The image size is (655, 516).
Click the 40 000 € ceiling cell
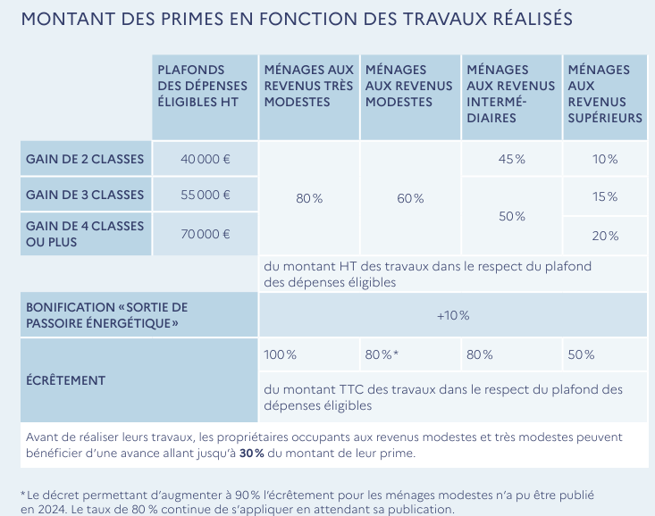pyautogui.click(x=206, y=159)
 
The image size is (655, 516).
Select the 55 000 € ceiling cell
pyautogui.click(x=206, y=195)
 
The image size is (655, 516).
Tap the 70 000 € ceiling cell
pyautogui.click(x=206, y=234)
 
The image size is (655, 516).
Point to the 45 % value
pyautogui.click(x=511, y=159)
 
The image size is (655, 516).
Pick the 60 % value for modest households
pyautogui.click(x=410, y=198)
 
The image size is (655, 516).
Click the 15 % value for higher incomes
pyautogui.click(x=605, y=196)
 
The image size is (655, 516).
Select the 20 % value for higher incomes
pyautogui.click(x=605, y=236)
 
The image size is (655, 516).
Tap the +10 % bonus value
pyautogui.click(x=453, y=315)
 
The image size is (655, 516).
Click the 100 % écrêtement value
pyautogui.click(x=281, y=354)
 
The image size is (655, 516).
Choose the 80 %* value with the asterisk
pyautogui.click(x=382, y=354)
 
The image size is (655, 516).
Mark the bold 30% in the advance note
pyautogui.click(x=252, y=454)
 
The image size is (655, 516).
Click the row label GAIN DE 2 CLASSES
pyautogui.click(x=85, y=159)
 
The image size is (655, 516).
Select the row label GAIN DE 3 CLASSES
pyautogui.click(x=85, y=195)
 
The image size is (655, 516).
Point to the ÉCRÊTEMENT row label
pyautogui.click(x=66, y=380)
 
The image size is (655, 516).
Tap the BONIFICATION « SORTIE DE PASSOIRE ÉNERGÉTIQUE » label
pyautogui.click(x=107, y=314)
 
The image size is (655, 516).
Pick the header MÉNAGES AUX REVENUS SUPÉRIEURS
pyautogui.click(x=605, y=93)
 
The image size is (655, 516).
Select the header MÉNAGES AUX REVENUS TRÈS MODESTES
pyautogui.click(x=309, y=86)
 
